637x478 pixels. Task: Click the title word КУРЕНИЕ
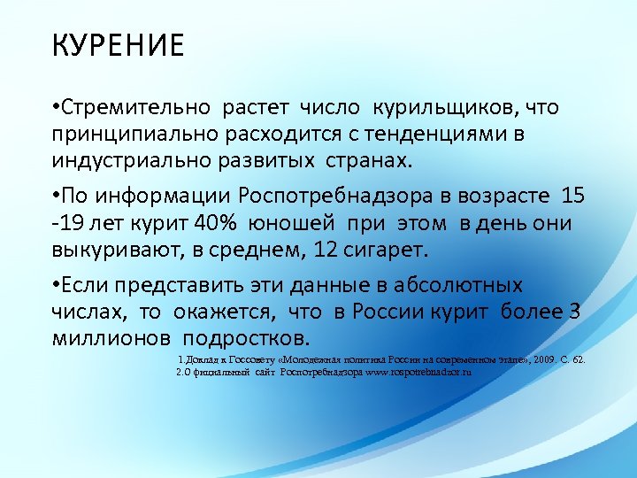point(118,44)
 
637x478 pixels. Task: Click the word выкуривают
point(112,250)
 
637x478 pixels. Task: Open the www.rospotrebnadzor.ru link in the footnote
point(417,373)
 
